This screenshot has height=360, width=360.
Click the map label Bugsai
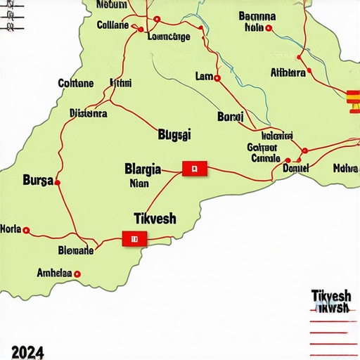(175, 133)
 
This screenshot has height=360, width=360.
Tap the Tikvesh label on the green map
(155, 218)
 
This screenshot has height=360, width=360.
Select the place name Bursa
(38, 179)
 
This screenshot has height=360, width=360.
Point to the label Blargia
(143, 169)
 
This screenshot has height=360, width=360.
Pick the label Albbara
(288, 72)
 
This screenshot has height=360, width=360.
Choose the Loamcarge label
(169, 37)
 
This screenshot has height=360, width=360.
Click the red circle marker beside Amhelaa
(77, 274)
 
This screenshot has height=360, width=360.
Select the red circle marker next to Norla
(27, 230)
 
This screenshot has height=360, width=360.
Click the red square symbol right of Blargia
(193, 168)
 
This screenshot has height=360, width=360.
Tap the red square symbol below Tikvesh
(131, 239)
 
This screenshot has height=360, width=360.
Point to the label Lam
(203, 76)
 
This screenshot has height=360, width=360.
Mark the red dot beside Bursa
(58, 183)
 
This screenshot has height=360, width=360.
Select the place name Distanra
(89, 112)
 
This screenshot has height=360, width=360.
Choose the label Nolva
(345, 167)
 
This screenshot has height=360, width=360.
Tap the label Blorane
(75, 250)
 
